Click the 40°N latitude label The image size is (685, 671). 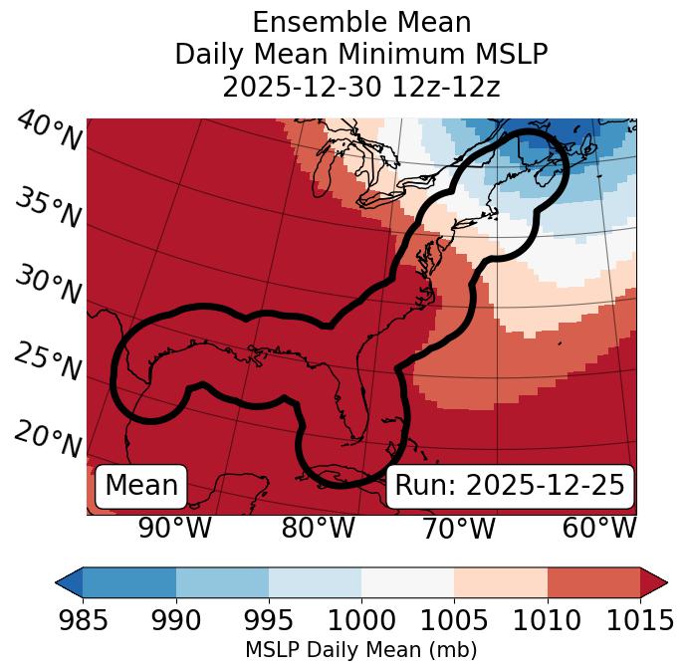tap(49, 131)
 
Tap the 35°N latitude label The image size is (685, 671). tap(47, 208)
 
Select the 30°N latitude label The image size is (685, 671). tap(47, 286)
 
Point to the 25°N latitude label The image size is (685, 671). tap(47, 362)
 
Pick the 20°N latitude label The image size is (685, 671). tap(47, 439)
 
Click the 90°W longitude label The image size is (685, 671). tap(174, 528)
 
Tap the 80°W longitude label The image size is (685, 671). tap(318, 528)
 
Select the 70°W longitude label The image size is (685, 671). tap(458, 528)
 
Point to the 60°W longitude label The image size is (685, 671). tap(598, 528)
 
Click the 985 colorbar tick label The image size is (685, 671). tap(83, 620)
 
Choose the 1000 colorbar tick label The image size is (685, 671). tap(361, 620)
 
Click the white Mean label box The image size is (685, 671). tap(141, 486)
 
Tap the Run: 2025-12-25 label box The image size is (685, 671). tap(510, 486)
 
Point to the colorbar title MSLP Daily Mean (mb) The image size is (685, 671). tap(361, 650)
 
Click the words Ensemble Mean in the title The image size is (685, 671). tap(361, 23)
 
